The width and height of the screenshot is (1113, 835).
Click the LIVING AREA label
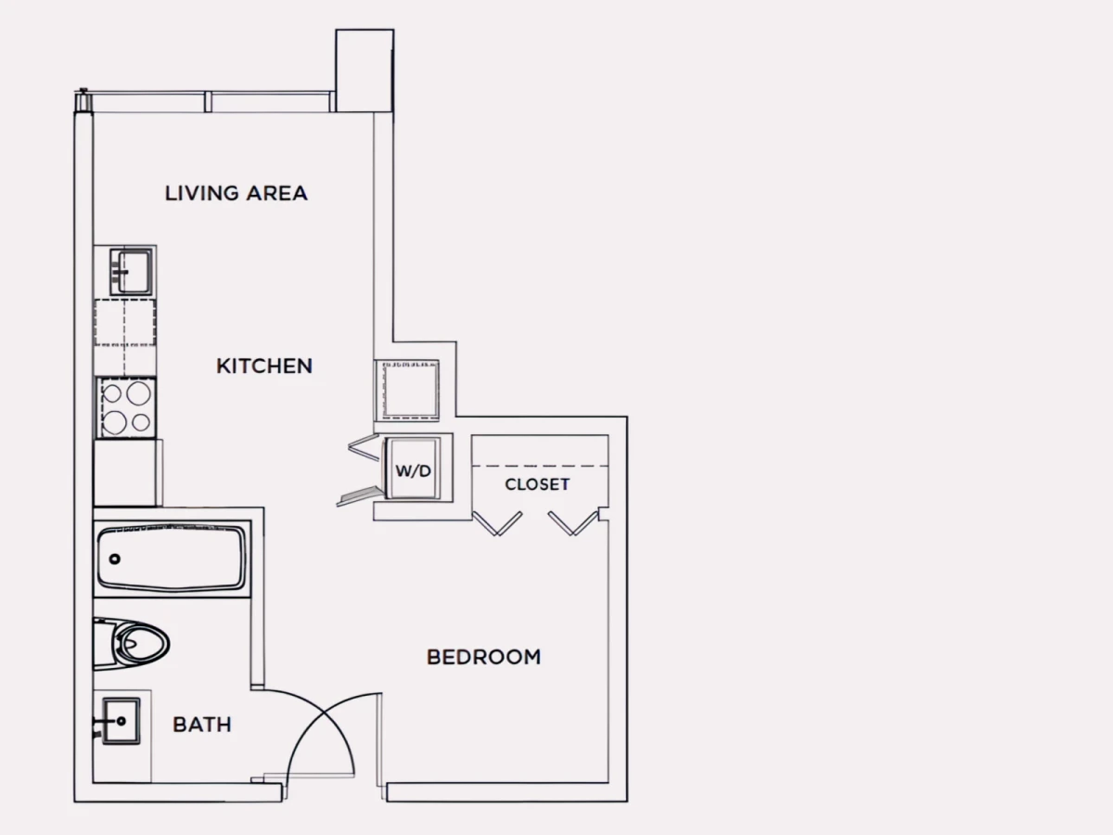(x=237, y=193)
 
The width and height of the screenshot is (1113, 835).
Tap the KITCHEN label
(x=264, y=366)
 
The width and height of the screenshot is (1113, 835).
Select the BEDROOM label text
(x=484, y=657)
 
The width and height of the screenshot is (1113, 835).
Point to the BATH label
(x=202, y=725)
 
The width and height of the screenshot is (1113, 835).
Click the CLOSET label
(x=537, y=484)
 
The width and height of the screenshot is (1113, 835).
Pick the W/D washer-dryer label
(x=414, y=471)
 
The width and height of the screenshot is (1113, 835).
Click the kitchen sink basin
(x=131, y=272)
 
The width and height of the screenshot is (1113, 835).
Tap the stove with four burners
(x=126, y=407)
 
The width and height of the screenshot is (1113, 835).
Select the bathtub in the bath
(x=172, y=559)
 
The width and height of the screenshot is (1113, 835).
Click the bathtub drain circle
(x=115, y=559)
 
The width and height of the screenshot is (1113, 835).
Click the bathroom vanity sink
(x=122, y=721)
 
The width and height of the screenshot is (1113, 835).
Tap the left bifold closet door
(x=497, y=523)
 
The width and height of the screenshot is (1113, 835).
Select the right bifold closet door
(x=573, y=523)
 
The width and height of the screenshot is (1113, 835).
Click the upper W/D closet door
(x=364, y=447)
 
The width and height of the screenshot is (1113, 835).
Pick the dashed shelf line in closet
(x=540, y=466)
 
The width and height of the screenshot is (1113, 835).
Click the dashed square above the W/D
(x=410, y=390)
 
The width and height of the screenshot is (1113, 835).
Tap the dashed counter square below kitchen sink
(x=124, y=323)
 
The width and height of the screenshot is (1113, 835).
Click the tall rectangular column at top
(x=365, y=71)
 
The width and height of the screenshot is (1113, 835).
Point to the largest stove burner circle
(x=138, y=392)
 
